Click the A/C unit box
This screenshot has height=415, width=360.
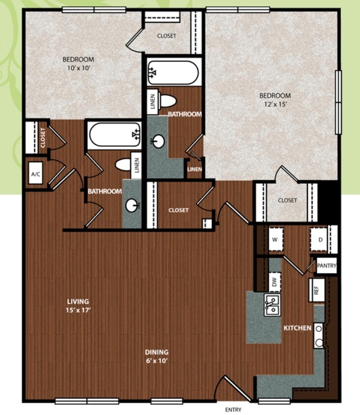point(36,174)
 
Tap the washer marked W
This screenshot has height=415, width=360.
point(276,239)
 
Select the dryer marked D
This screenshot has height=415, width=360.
point(320,239)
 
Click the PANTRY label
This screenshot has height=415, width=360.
point(327,266)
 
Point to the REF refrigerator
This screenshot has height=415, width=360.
point(317,290)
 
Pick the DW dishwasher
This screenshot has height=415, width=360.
point(275,282)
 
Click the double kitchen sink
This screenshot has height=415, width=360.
point(272,305)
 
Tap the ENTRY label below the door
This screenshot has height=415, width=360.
point(233,410)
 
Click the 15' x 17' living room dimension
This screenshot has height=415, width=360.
point(78,310)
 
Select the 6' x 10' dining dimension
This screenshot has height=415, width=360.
point(157,361)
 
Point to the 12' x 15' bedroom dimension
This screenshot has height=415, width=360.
point(275,104)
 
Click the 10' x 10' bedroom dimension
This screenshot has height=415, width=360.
point(79,68)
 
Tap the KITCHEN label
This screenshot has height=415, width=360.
point(298,328)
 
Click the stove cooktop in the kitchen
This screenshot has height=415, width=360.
point(319,336)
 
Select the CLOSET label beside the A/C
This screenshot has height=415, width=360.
point(43,138)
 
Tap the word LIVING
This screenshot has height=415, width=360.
point(78,301)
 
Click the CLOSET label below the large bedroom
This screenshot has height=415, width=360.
point(288,200)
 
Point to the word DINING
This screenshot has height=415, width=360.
point(157,352)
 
